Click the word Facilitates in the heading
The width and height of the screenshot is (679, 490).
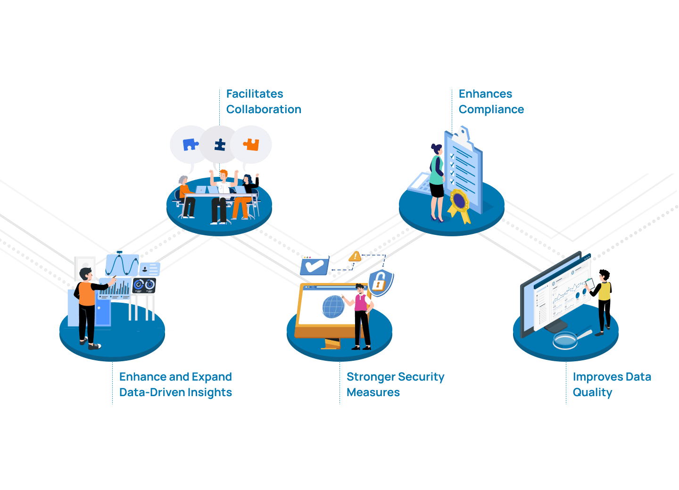pos(255,94)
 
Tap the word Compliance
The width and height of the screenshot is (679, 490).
pos(491,109)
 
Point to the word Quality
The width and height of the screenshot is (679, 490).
pos(592,392)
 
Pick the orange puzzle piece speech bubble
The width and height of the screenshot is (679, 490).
pos(251,144)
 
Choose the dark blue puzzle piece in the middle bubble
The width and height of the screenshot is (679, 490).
pos(220,145)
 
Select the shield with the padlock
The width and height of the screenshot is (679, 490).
pos(380,282)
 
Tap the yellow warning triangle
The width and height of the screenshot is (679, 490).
pos(355,257)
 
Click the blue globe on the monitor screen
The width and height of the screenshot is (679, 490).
pos(333,307)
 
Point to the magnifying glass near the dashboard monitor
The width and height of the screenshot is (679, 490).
pos(566,340)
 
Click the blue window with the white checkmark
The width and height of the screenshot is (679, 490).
pos(315,266)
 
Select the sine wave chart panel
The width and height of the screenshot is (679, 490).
pos(122,265)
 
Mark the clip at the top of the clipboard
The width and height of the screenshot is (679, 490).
pos(463,133)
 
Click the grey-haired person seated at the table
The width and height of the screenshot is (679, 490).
pos(185,193)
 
